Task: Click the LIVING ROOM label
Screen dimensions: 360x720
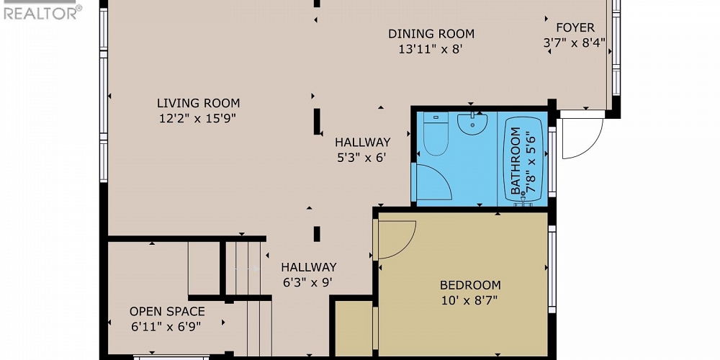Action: tap(198, 103)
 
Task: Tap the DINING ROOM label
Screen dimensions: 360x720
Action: tap(431, 33)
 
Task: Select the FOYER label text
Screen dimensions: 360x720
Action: tap(575, 28)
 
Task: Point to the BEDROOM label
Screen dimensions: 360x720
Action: tap(470, 285)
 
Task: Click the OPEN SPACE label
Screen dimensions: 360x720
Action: tap(167, 312)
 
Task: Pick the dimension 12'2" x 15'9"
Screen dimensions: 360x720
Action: tap(198, 119)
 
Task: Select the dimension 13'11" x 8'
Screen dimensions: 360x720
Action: tap(430, 50)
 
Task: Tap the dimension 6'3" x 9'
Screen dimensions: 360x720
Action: tap(308, 282)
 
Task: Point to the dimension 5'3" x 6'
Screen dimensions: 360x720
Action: tap(361, 158)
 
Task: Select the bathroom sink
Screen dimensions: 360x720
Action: tap(472, 123)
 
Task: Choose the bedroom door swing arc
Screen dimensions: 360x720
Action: tap(396, 239)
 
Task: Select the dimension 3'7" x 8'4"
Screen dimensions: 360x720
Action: tap(574, 43)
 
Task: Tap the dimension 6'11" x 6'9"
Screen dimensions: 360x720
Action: tap(166, 327)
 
